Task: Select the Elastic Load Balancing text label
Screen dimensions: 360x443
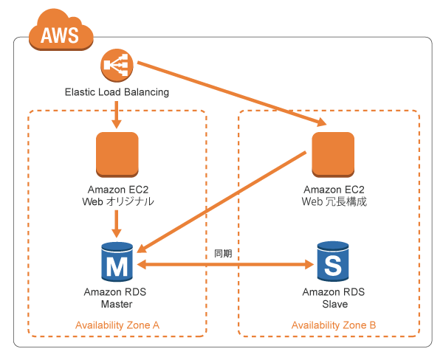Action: (117, 93)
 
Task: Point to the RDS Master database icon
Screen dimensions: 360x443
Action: (117, 262)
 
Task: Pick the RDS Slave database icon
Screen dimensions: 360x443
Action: (334, 262)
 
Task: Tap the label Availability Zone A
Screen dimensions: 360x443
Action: (117, 325)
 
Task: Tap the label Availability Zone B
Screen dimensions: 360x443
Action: (334, 325)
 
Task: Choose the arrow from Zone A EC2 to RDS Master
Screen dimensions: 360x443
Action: (117, 222)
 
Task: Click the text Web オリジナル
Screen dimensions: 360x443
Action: (117, 201)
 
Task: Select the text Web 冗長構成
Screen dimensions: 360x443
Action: (334, 201)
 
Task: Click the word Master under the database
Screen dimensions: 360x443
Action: (117, 303)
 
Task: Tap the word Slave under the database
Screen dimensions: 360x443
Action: (334, 303)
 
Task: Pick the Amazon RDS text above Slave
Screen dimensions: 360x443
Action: (334, 292)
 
